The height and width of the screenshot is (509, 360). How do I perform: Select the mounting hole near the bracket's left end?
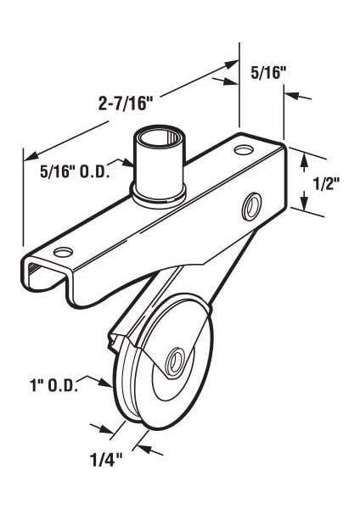[x=61, y=252]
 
